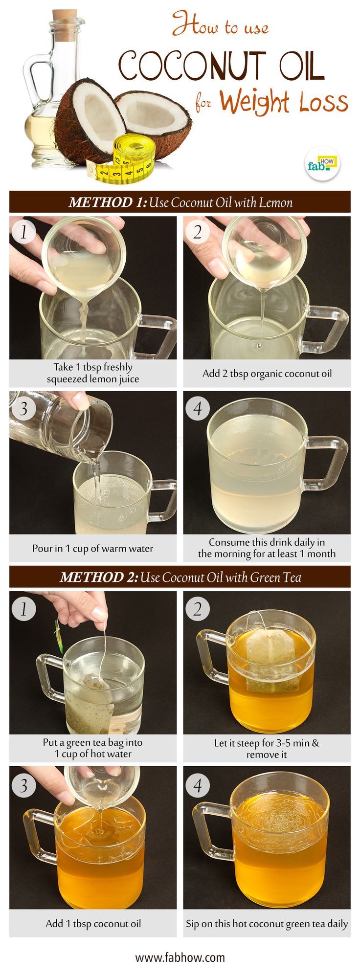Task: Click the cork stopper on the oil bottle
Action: (x=65, y=22)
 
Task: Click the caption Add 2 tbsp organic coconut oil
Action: (x=267, y=374)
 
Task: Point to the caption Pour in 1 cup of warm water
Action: (x=92, y=548)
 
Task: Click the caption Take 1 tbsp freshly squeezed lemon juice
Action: (x=92, y=373)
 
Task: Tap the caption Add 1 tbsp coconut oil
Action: (x=93, y=924)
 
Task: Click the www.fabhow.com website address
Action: (x=180, y=957)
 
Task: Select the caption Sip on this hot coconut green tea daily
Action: (x=267, y=924)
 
